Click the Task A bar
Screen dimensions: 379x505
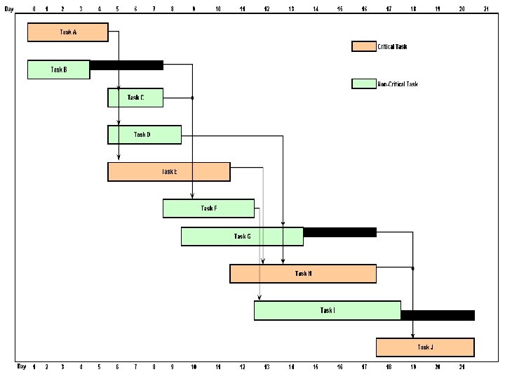click(67, 32)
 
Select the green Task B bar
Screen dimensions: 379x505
click(59, 69)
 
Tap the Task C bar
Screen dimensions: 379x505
click(135, 98)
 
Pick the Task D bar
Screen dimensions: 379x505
click(144, 135)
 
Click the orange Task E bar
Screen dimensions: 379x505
click(168, 172)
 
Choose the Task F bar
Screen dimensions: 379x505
click(208, 208)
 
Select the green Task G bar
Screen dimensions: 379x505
click(242, 237)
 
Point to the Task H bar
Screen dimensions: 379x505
click(303, 274)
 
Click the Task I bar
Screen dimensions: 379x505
click(327, 310)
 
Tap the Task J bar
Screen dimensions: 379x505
click(425, 347)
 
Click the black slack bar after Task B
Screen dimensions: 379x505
click(126, 65)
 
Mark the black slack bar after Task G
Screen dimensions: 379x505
click(339, 232)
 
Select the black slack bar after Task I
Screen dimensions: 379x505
click(438, 315)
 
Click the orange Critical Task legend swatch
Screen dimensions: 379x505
click(364, 47)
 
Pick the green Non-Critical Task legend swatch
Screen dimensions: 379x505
click(364, 84)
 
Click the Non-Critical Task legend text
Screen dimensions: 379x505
click(398, 84)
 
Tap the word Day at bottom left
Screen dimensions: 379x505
click(22, 366)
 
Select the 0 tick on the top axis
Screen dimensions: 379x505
click(34, 8)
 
